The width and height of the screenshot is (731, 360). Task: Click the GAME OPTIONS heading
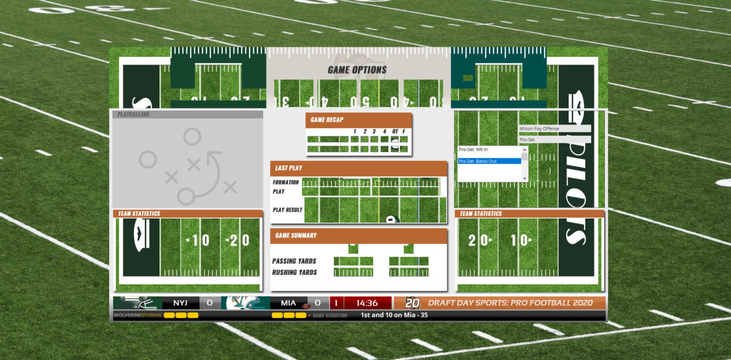(357, 70)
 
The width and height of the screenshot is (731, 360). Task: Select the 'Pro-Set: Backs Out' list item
(489, 161)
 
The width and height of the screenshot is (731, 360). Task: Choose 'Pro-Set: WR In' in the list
(489, 149)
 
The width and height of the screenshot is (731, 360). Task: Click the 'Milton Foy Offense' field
(554, 129)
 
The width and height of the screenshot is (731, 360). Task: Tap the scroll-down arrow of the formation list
(525, 179)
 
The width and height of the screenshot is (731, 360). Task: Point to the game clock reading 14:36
(367, 303)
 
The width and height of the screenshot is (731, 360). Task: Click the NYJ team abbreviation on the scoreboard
(180, 303)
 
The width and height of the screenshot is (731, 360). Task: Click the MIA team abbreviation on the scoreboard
(288, 303)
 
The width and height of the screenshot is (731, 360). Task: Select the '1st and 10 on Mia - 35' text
(394, 315)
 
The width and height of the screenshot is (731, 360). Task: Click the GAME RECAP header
(327, 120)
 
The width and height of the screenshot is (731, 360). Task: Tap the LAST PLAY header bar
(358, 168)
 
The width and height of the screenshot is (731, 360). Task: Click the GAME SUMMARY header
(358, 236)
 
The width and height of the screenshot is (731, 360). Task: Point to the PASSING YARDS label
(294, 261)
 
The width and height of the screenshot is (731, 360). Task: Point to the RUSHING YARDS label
(294, 273)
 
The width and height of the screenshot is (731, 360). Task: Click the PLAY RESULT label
(287, 210)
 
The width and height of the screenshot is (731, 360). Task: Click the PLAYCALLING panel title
(133, 115)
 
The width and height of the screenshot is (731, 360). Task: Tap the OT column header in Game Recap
(395, 132)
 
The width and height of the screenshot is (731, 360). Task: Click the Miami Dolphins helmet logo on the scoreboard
(246, 303)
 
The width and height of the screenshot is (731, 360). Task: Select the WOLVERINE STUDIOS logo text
(137, 315)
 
